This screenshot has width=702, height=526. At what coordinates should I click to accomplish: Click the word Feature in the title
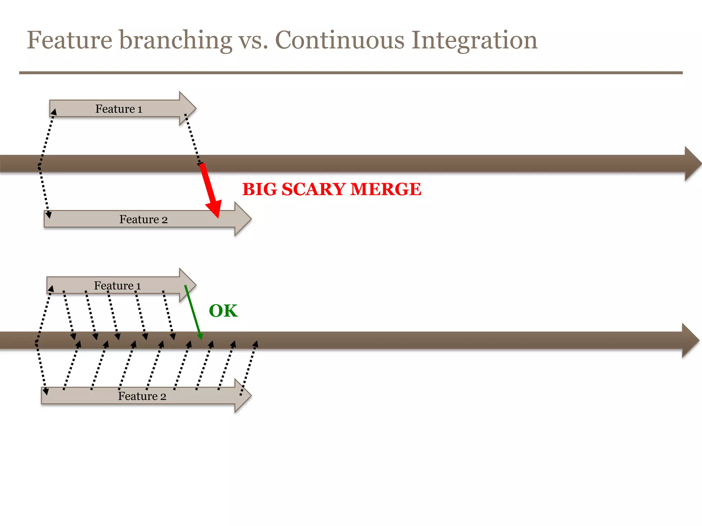(70, 40)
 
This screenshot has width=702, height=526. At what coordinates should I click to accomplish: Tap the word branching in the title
(175, 40)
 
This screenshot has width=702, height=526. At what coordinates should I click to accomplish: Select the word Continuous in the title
(340, 40)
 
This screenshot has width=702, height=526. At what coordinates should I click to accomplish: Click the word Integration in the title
(474, 40)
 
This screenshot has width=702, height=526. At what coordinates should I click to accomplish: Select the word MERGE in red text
(386, 189)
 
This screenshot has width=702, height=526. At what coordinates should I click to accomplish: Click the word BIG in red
(259, 189)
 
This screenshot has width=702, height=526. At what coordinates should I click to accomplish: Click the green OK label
(223, 311)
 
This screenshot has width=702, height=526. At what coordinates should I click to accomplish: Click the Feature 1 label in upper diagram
(119, 109)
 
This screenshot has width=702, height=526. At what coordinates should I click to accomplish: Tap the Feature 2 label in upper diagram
(143, 220)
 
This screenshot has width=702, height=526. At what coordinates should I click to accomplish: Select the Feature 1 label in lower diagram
(117, 286)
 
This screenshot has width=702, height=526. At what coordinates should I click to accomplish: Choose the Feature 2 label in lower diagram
(142, 396)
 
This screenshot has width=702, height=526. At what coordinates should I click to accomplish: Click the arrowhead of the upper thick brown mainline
(692, 164)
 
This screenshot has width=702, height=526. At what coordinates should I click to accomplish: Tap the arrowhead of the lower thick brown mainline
(690, 340)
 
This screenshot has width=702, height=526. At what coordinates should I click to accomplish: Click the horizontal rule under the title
(351, 73)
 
